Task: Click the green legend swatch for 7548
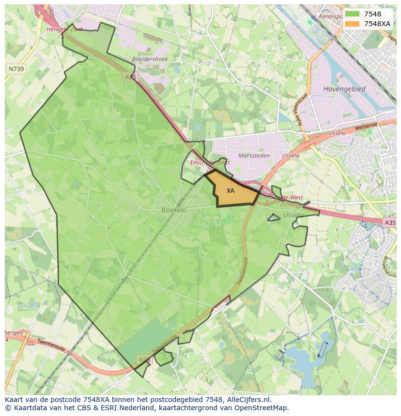tap(352, 14)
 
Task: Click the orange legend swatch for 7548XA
tap(352, 23)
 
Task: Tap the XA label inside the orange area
tap(231, 191)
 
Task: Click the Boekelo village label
tap(174, 210)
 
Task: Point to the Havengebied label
tap(344, 89)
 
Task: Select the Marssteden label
tap(253, 156)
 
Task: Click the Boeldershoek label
tap(150, 59)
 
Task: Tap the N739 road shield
tap(16, 69)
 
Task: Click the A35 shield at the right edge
tap(389, 222)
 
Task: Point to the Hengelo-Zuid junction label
tap(64, 29)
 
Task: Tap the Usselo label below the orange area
tap(293, 215)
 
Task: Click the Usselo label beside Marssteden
tap(291, 156)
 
